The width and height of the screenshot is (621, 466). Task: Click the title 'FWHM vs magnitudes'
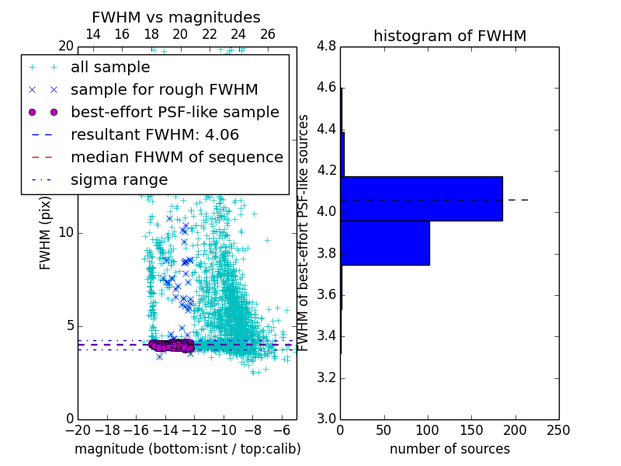pos(176,17)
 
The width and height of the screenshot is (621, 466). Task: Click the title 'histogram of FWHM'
pos(449,36)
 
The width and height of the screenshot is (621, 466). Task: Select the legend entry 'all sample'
pos(110,68)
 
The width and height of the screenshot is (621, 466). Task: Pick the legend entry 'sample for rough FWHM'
pos(164,90)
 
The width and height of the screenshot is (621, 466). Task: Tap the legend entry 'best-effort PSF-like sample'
pos(175,113)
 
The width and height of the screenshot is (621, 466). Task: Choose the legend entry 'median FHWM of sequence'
pos(176,158)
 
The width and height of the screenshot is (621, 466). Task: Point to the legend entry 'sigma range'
pos(119,180)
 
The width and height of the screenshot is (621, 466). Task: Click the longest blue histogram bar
pos(422,198)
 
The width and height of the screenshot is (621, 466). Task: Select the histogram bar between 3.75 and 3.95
pos(385,243)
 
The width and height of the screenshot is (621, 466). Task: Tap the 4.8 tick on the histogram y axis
pos(327,46)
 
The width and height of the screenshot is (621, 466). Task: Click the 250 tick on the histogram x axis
pos(558,430)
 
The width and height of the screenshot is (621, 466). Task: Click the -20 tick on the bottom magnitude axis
pos(78,430)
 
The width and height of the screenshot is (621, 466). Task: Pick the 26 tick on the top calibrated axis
pos(268,35)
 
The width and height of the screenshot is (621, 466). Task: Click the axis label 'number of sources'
pos(449,449)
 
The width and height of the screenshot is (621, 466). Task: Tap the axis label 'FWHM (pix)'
pos(46,233)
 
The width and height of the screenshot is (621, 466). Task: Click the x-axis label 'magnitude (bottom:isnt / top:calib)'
pos(187,449)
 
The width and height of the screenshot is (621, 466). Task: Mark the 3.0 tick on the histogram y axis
pos(327,419)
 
